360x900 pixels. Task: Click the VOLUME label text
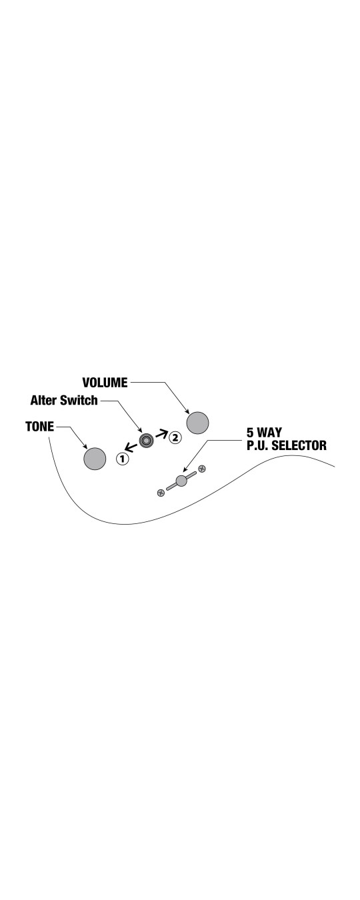(105, 383)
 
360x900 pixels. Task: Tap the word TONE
(39, 427)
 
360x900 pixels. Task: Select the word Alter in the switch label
(44, 400)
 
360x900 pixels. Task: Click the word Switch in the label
(79, 400)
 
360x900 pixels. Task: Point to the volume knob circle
(197, 423)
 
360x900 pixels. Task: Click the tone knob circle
(95, 459)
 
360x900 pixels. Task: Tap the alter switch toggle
(146, 441)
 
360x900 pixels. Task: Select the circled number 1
(123, 459)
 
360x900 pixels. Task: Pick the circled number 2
(175, 437)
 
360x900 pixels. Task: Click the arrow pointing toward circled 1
(131, 447)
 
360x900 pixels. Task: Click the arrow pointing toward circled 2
(161, 434)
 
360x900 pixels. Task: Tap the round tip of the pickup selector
(181, 481)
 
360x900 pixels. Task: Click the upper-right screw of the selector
(202, 468)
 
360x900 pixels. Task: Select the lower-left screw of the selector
(161, 493)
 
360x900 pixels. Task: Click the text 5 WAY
(264, 433)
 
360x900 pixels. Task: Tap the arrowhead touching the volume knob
(187, 411)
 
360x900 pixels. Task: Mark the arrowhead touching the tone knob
(85, 447)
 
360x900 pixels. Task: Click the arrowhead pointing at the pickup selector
(185, 469)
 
